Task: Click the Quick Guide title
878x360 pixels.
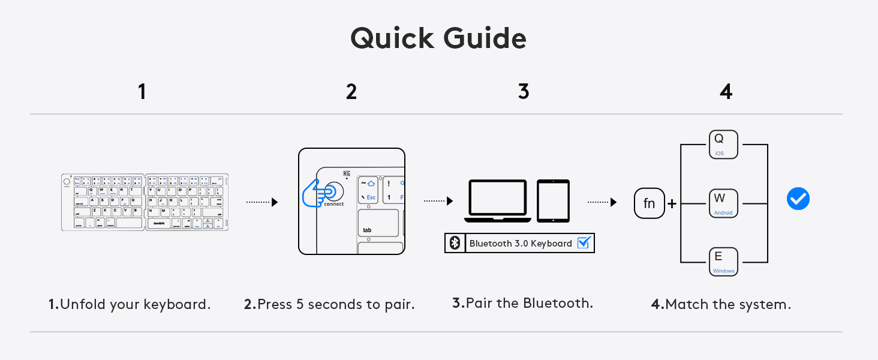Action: (x=438, y=38)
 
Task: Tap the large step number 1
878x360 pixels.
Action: (x=142, y=92)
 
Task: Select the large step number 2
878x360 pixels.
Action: (x=351, y=92)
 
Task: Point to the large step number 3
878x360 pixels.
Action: (x=524, y=92)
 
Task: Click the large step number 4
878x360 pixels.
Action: (x=726, y=92)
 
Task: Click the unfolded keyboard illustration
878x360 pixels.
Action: (x=145, y=202)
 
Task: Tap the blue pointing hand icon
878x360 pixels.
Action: (x=317, y=193)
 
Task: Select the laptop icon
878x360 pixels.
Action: (x=497, y=198)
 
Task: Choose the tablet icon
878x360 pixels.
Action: (x=553, y=200)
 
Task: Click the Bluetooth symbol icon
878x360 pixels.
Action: (x=455, y=243)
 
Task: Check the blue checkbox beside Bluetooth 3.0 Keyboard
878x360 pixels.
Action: (x=584, y=243)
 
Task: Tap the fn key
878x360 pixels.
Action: (x=650, y=203)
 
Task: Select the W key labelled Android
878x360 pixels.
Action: (x=723, y=203)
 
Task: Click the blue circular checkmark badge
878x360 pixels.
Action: (x=798, y=199)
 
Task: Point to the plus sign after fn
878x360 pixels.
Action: (x=672, y=204)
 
